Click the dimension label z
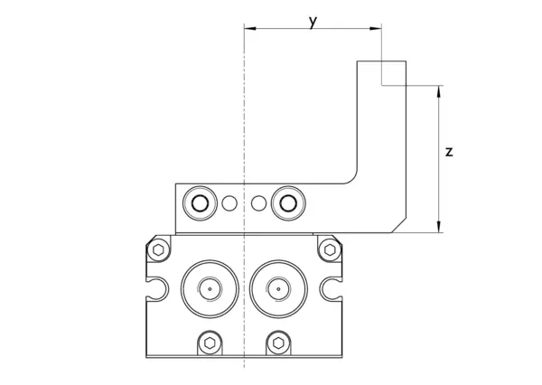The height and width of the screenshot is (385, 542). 449,152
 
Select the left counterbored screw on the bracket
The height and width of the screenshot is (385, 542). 198,203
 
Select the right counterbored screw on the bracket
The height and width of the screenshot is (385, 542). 288,203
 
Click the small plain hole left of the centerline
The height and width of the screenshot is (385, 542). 229,203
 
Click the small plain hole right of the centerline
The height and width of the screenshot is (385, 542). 259,203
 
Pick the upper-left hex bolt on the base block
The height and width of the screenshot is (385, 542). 160,249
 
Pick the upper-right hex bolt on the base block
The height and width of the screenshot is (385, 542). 330,249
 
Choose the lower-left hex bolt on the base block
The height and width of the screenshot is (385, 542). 210,343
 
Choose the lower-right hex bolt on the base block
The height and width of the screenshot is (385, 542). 279,343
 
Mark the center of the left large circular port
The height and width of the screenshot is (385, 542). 210,290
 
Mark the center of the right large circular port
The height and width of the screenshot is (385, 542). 279,290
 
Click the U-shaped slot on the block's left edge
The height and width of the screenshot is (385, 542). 155,290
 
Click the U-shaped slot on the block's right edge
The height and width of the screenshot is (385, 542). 332,290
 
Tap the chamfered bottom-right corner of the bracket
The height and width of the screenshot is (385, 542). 398,226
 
